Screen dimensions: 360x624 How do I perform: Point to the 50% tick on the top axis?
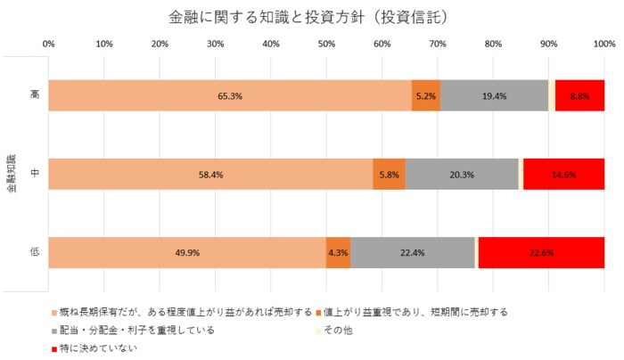point(326,43)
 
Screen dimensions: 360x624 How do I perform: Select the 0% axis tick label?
point(49,43)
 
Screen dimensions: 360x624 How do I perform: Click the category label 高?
point(33,95)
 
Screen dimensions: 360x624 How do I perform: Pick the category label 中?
point(33,174)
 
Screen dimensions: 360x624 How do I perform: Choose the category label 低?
point(33,252)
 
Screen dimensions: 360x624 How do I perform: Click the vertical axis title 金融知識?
point(12,174)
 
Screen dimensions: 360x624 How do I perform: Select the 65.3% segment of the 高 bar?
point(230,95)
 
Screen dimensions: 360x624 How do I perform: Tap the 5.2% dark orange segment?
point(425,95)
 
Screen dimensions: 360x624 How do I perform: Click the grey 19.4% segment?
point(494,95)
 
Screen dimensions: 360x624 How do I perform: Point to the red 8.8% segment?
point(579,95)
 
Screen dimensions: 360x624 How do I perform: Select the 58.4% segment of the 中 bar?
point(210,174)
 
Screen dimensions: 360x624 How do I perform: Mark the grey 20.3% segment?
point(462,174)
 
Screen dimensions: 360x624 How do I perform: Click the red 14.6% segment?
point(563,174)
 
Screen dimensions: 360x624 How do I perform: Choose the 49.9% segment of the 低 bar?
point(187,252)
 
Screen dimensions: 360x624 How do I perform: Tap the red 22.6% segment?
point(541,252)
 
